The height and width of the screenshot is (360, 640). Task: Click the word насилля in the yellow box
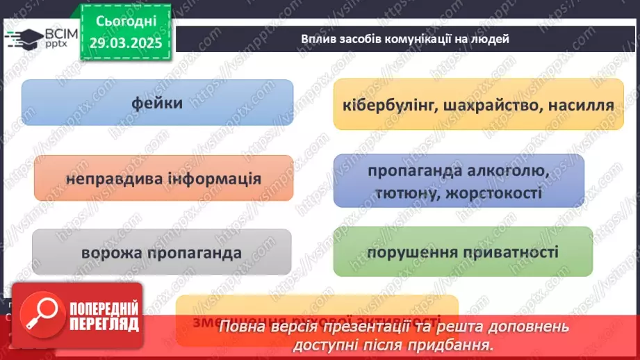(x=581, y=106)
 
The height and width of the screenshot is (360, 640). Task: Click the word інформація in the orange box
(x=214, y=179)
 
